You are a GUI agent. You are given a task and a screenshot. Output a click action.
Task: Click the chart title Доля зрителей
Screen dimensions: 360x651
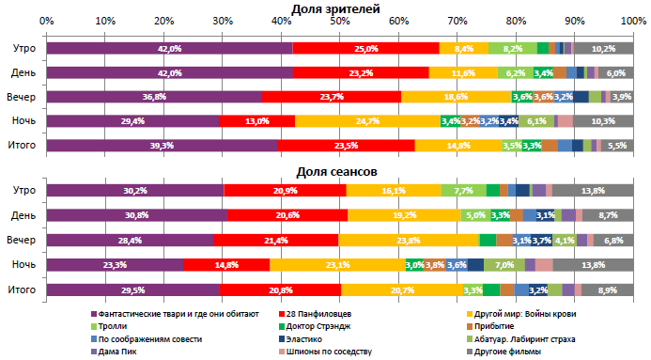(x=335, y=8)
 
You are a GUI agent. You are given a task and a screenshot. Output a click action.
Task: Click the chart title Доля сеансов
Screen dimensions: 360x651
(x=335, y=171)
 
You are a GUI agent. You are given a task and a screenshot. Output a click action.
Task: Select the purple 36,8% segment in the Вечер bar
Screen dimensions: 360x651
(x=154, y=97)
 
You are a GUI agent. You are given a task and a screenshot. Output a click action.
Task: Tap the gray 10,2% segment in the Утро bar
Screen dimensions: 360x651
(x=603, y=48)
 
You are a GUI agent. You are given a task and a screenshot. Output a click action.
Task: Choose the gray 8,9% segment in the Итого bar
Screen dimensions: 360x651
(x=607, y=290)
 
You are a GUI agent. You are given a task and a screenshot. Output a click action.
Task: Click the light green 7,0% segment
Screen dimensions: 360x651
(x=504, y=265)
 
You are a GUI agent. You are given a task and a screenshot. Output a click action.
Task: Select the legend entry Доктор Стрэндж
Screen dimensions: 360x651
(x=510, y=325)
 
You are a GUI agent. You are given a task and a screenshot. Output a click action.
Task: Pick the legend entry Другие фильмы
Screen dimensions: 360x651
(x=508, y=352)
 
